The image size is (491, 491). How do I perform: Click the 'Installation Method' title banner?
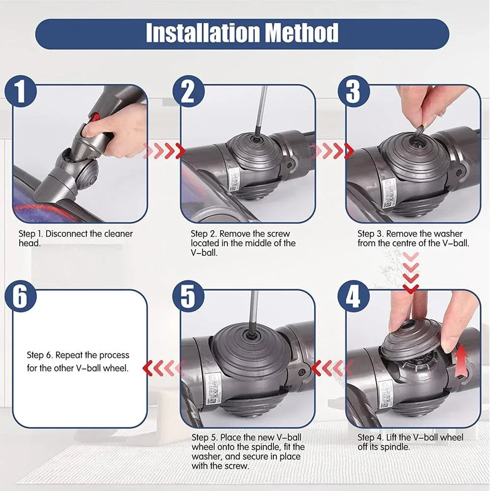click(243, 33)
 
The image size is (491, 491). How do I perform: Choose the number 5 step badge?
click(188, 297)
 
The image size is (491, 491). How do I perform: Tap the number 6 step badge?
click(20, 297)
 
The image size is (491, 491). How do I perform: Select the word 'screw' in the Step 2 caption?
click(278, 234)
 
